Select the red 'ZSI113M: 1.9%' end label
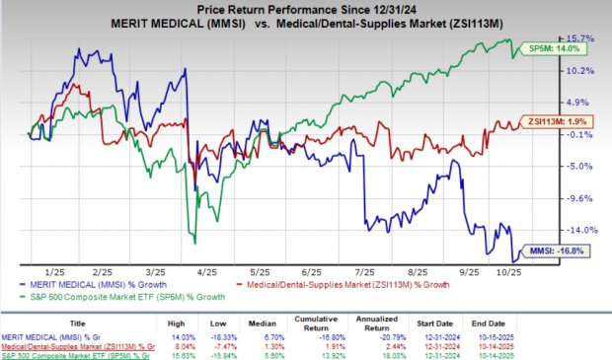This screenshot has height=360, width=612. [555, 122]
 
